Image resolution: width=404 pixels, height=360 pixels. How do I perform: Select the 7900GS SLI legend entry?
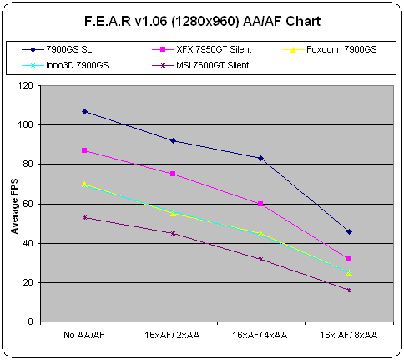58,49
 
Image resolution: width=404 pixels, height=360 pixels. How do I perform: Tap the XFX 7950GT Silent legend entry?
202,49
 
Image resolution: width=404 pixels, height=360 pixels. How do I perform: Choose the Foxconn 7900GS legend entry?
330,49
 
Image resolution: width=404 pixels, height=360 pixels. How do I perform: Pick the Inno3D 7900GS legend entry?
65,65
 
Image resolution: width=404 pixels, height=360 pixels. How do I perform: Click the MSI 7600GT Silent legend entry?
200,65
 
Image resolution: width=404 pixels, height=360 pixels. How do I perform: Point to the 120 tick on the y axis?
25,85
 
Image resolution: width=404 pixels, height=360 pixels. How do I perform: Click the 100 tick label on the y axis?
25,124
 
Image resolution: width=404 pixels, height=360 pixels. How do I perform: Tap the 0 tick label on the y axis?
30,322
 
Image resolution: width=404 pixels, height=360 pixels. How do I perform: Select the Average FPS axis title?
14,206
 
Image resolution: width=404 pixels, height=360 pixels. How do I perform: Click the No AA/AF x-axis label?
84,335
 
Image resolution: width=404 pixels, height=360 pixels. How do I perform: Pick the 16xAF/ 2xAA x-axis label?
172,335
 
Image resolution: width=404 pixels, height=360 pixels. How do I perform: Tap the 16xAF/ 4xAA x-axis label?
260,335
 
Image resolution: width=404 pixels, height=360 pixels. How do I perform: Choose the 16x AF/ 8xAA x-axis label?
349,335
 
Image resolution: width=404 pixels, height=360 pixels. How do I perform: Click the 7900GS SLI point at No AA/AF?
84,112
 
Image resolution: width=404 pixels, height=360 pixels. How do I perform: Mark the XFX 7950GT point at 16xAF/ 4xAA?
260,204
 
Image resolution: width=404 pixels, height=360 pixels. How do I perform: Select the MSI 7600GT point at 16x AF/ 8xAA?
349,290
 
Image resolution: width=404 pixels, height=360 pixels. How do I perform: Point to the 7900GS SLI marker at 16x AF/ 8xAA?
349,231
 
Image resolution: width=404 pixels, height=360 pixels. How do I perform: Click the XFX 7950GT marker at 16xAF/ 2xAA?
173,174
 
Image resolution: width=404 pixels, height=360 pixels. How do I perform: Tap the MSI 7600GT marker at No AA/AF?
84,217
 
